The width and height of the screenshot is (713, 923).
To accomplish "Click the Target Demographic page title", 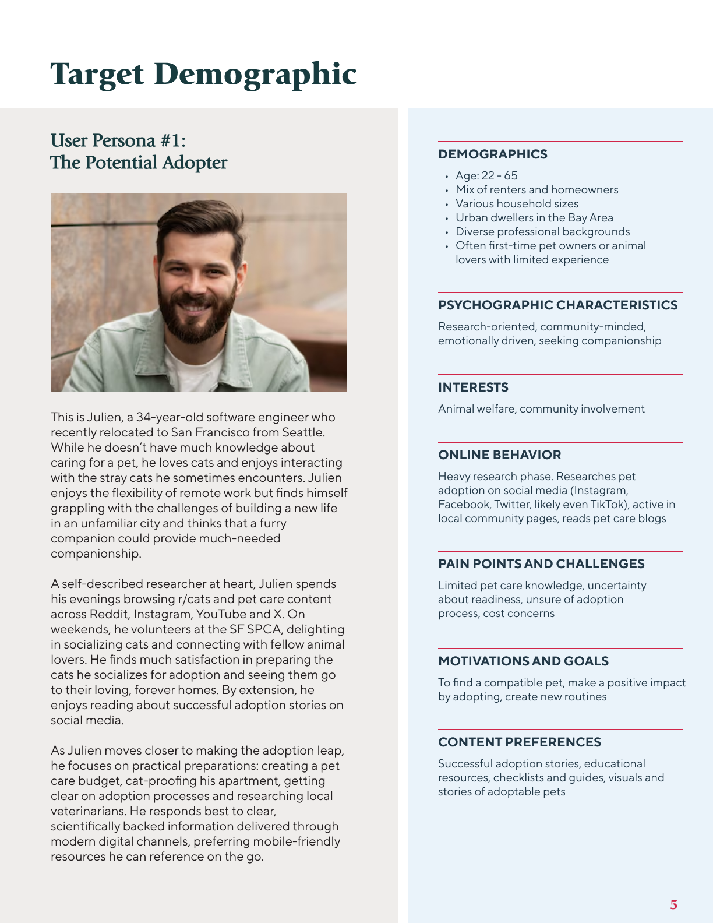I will tap(203, 74).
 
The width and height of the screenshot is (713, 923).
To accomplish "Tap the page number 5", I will tap(673, 905).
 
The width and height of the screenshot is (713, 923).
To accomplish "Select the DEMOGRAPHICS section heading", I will tap(492, 154).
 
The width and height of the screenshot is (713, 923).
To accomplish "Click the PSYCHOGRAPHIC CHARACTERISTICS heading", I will tap(557, 305).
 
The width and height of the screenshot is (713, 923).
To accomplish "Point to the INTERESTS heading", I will tap(473, 387).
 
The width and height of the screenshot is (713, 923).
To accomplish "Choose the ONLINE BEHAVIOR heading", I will tap(499, 455).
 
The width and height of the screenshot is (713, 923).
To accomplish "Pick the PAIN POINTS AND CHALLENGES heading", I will tap(541, 564).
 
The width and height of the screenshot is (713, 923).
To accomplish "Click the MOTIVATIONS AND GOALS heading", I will tap(523, 661).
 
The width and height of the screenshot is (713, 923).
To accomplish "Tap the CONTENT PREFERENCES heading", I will tap(520, 742).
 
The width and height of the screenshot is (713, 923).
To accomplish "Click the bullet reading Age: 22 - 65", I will tap(486, 176).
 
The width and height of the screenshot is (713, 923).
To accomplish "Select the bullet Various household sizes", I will tap(517, 204).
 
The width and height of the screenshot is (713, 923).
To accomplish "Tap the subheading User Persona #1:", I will tap(118, 140).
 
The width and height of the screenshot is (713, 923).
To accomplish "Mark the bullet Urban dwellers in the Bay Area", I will tap(534, 218).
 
